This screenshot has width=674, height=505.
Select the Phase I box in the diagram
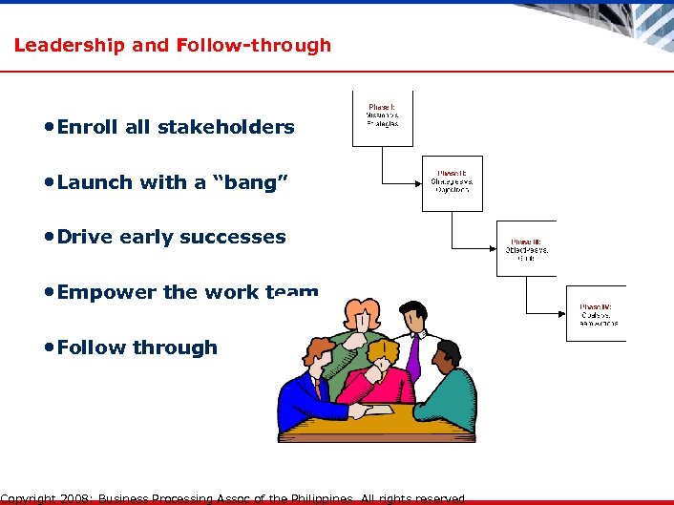tap(383, 118)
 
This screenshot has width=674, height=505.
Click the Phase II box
tap(453, 183)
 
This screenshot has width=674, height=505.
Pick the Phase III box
tap(526, 248)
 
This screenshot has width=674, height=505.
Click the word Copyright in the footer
tap(29, 498)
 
